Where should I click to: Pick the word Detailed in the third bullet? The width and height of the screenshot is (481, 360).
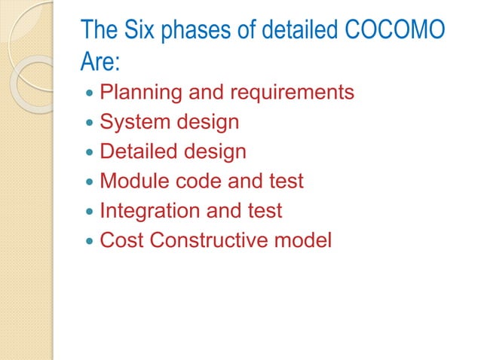[x=136, y=151]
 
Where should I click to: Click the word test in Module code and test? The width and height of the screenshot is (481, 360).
[x=287, y=181]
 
